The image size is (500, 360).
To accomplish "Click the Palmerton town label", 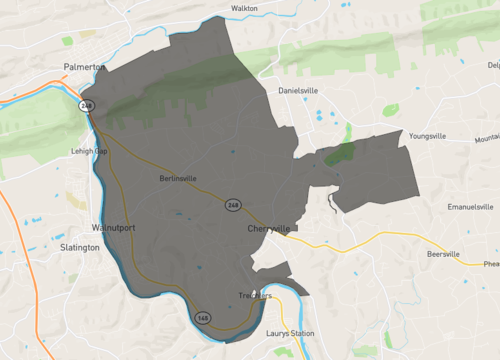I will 83,68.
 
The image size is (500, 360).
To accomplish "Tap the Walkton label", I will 244,8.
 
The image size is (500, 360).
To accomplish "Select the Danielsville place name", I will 303,90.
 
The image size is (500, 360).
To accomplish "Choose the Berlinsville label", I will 178,179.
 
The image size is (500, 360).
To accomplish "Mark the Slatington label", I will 80,247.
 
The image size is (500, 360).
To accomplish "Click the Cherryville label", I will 268,229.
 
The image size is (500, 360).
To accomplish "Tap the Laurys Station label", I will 289,333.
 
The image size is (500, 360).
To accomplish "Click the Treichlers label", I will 255,296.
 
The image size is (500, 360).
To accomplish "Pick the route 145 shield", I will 203,317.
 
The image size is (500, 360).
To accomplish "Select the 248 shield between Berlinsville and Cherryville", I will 232,205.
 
